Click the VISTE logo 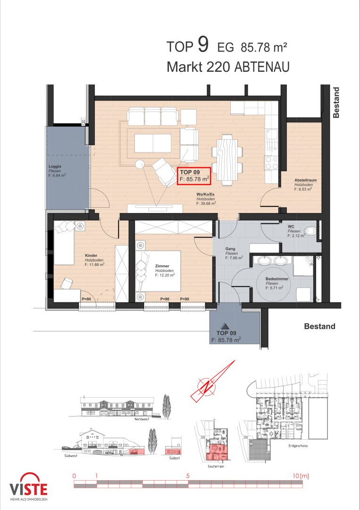29,487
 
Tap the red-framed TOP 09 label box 193,176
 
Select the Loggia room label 55,167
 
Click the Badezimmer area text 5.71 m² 274,288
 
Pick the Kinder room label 91,255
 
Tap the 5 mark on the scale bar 188,476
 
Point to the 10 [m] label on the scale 301,476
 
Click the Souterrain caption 216,466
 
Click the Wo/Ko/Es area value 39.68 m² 206,204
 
